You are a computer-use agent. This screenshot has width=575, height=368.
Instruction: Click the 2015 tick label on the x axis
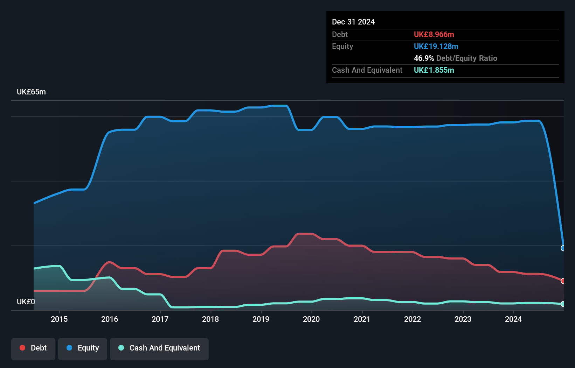(x=59, y=319)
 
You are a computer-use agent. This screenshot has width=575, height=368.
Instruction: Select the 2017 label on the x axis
(x=160, y=319)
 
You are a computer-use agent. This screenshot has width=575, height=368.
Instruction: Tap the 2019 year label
(x=261, y=319)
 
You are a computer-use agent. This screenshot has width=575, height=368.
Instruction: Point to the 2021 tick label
(x=362, y=319)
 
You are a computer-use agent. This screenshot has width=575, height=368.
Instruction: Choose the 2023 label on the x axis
(x=463, y=319)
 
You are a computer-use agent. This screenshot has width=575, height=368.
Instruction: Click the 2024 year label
(x=513, y=319)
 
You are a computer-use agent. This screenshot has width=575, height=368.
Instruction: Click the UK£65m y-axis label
(x=31, y=92)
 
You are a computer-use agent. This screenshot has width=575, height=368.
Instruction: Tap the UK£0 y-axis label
(x=26, y=302)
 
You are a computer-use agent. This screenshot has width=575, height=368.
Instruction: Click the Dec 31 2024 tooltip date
(x=353, y=22)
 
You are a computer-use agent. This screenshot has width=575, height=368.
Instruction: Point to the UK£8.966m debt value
(x=434, y=35)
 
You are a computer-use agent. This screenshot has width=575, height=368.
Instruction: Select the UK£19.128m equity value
(x=436, y=47)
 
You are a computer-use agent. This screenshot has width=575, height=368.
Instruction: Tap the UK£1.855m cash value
(x=434, y=70)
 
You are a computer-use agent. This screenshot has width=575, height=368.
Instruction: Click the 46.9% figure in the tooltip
(x=424, y=58)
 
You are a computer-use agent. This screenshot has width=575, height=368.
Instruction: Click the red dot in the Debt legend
(x=22, y=348)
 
